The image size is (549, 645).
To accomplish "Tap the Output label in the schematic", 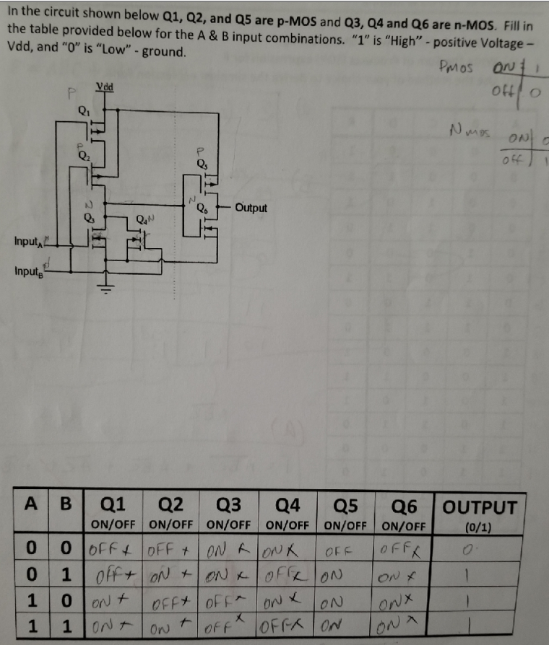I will point(251,208).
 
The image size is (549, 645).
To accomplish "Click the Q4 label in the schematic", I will point(143,219).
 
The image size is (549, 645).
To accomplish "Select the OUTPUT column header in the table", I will point(480,506).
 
